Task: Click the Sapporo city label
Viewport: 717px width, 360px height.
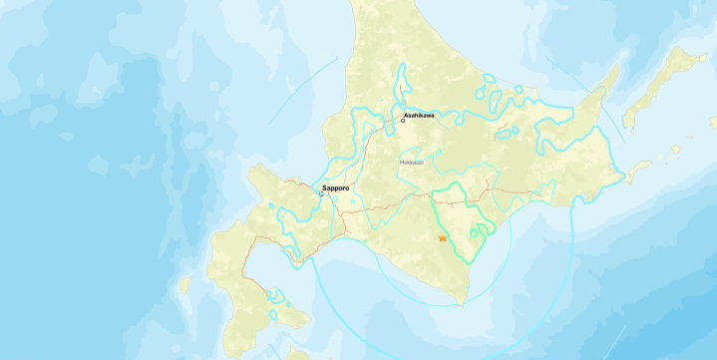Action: point(337,187)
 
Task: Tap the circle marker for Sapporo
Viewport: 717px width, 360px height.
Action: point(321,193)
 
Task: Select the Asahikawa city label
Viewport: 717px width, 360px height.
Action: point(419,115)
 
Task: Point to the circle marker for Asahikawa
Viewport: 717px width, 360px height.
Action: point(403,121)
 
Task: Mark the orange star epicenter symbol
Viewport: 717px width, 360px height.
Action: point(443,238)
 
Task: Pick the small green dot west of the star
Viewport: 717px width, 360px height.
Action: point(365,241)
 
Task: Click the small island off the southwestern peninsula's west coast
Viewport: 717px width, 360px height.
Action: point(184,285)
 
